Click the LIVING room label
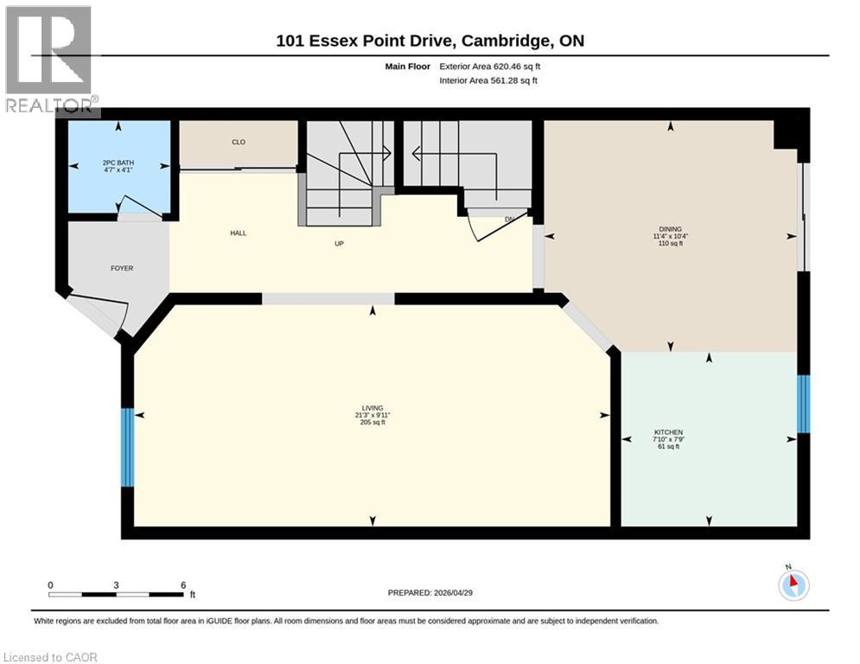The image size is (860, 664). (x=373, y=407)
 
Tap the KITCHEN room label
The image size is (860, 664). (x=668, y=432)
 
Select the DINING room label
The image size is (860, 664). (x=670, y=229)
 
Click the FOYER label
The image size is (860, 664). (x=121, y=268)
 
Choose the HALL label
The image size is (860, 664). (x=239, y=233)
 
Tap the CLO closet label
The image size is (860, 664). (x=239, y=143)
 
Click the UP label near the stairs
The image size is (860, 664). (x=340, y=244)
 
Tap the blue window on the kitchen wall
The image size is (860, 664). (x=803, y=404)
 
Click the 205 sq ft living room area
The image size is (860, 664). (x=373, y=423)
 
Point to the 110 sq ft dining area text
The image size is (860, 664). (x=670, y=244)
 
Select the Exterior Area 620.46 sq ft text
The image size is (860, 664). (x=490, y=66)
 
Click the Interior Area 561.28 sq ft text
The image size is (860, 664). (x=488, y=80)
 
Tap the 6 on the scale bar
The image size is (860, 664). (x=183, y=584)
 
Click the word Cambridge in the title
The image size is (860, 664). (x=512, y=41)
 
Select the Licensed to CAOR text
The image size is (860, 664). (x=51, y=657)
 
